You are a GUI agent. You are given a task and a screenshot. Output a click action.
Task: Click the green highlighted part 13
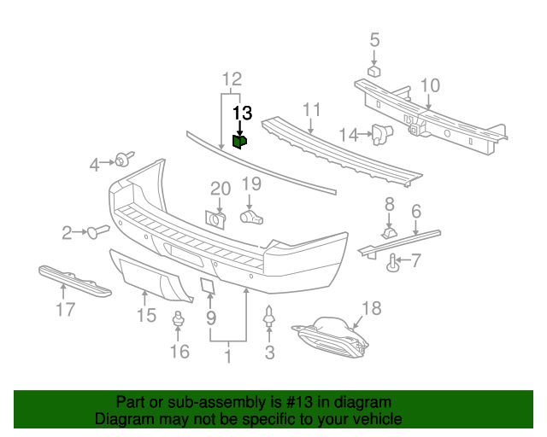click(240, 141)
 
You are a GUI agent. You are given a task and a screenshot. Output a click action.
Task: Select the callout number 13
click(242, 113)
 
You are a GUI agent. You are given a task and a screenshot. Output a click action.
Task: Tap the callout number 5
click(373, 38)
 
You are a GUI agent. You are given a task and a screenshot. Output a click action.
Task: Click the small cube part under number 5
click(373, 71)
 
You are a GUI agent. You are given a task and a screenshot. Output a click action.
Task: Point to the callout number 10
click(430, 84)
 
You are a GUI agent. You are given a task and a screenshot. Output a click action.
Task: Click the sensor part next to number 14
click(380, 132)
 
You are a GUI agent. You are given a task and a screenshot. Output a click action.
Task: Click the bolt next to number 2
click(98, 230)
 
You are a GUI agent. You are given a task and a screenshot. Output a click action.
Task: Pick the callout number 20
click(221, 188)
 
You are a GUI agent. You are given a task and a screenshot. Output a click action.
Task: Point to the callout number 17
click(66, 309)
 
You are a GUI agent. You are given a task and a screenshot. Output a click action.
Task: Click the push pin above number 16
click(179, 322)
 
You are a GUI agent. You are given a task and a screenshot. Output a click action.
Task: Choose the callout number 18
click(371, 308)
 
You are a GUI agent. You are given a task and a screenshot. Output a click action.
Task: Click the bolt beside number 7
click(394, 264)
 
